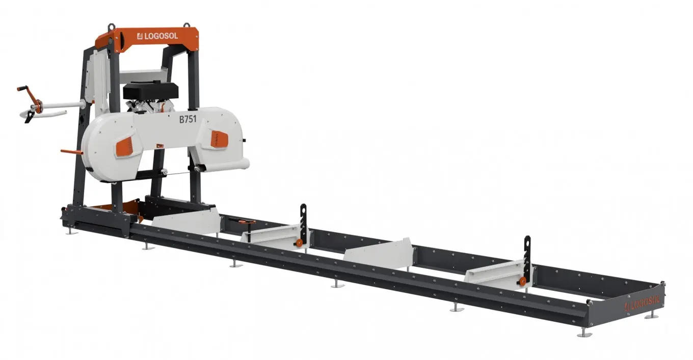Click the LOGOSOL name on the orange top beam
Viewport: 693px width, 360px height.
[x=158, y=36]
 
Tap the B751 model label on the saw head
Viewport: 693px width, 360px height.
[x=188, y=119]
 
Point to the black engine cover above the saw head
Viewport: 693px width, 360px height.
[x=151, y=91]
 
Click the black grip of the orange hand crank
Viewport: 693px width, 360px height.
[x=22, y=89]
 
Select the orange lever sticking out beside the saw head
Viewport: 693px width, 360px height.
[x=71, y=152]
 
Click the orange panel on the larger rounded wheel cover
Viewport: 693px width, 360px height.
[x=125, y=147]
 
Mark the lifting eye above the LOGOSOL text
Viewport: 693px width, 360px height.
[x=186, y=25]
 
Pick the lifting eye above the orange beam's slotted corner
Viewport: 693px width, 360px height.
[x=111, y=26]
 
